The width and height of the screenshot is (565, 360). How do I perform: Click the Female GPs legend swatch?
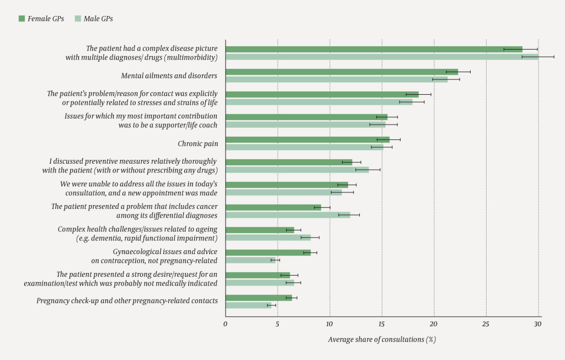point(22,19)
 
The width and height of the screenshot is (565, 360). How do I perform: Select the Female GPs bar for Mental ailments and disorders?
point(342,72)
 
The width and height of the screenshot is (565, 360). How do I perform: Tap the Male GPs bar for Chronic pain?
point(304,147)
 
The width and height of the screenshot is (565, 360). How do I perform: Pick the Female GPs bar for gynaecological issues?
point(268,252)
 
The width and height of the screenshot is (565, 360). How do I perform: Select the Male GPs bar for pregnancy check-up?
point(248,305)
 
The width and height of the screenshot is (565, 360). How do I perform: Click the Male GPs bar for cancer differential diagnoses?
point(287,214)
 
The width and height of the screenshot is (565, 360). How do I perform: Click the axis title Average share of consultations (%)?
point(382,339)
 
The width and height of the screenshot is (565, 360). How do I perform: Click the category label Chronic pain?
point(198,144)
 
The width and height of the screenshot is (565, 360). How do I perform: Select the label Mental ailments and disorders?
point(169,76)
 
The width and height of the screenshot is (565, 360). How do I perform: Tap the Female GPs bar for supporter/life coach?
point(306,117)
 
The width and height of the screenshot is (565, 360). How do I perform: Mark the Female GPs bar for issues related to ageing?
point(259,230)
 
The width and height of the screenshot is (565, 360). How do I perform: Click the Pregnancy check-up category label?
point(127,301)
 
